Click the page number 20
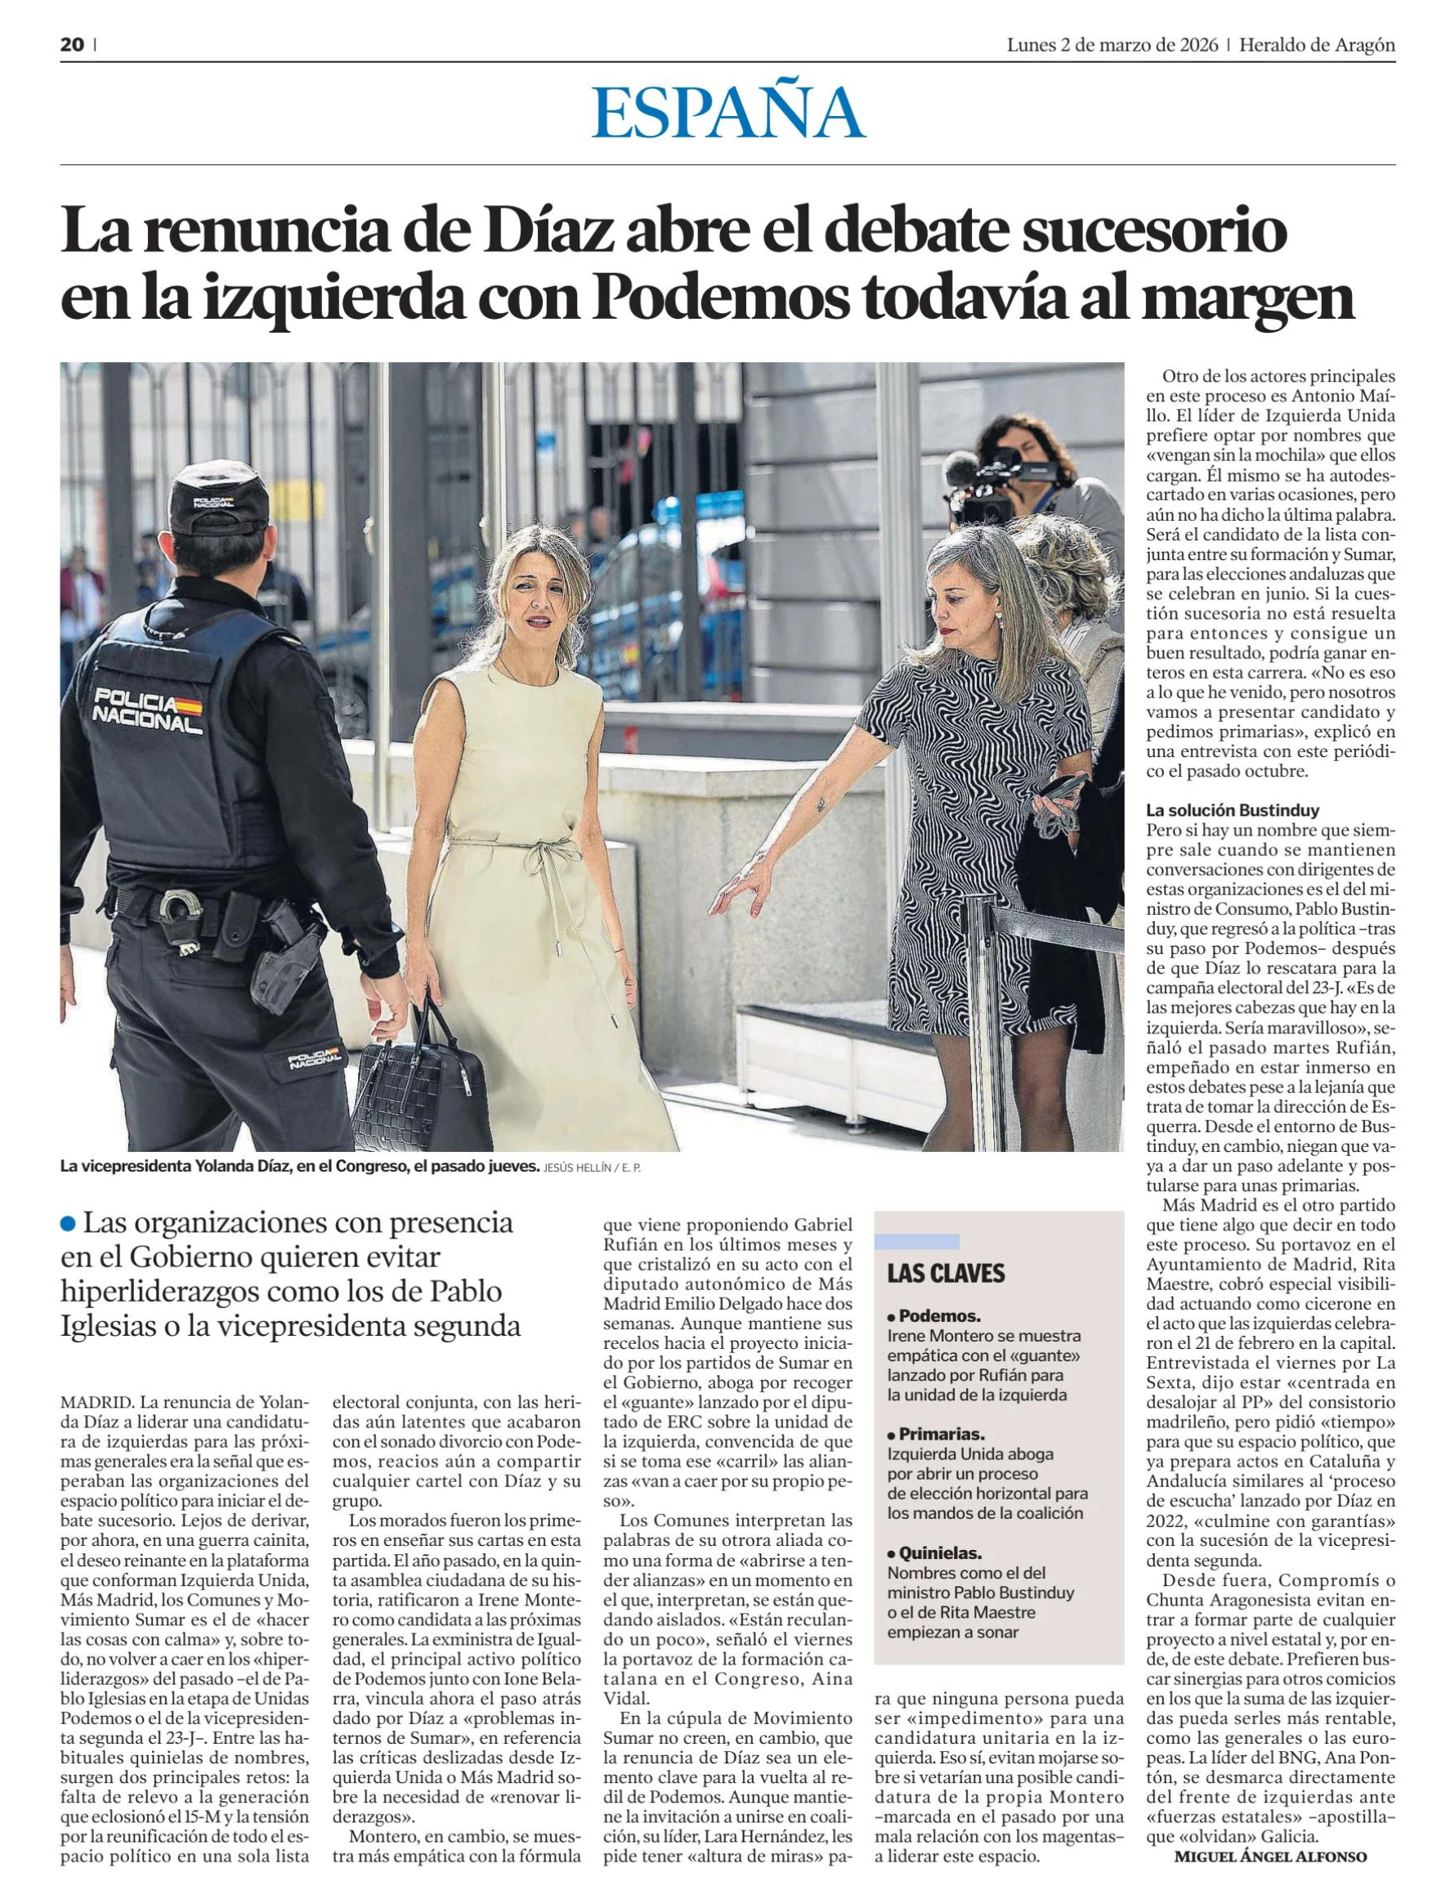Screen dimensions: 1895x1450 pyautogui.click(x=72, y=46)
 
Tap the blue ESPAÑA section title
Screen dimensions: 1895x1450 pyautogui.click(x=727, y=113)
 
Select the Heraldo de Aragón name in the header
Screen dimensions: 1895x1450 pyautogui.click(x=1317, y=46)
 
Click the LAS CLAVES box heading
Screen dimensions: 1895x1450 pyautogui.click(x=947, y=1273)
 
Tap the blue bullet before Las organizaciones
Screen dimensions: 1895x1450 pyautogui.click(x=68, y=1223)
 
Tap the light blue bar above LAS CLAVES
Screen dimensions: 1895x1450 pyautogui.click(x=916, y=1242)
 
